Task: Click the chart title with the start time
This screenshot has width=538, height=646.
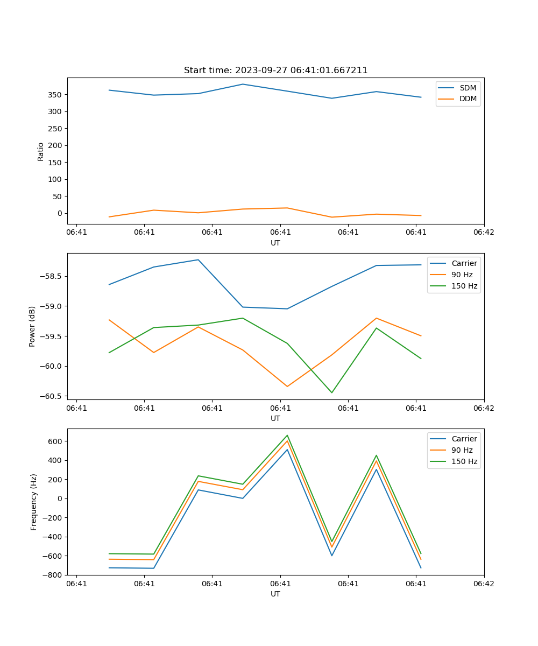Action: (x=275, y=71)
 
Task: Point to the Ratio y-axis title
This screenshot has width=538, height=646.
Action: (x=41, y=151)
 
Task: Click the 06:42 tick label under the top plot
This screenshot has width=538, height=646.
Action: (x=484, y=232)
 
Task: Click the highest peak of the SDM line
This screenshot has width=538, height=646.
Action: (x=243, y=84)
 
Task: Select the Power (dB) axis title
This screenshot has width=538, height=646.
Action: (x=32, y=326)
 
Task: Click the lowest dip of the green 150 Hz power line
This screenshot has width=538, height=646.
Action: (x=331, y=392)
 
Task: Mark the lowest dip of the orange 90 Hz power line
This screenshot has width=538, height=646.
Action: (x=287, y=387)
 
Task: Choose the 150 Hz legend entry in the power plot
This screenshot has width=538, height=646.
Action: (x=464, y=286)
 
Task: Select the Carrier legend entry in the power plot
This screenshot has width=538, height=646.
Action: (x=464, y=263)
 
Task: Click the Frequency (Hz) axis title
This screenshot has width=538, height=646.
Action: (x=34, y=502)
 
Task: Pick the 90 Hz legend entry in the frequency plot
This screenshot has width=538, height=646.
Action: (x=462, y=450)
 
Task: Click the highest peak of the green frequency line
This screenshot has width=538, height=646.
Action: (x=287, y=436)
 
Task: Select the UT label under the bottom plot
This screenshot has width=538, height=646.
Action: (x=275, y=594)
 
